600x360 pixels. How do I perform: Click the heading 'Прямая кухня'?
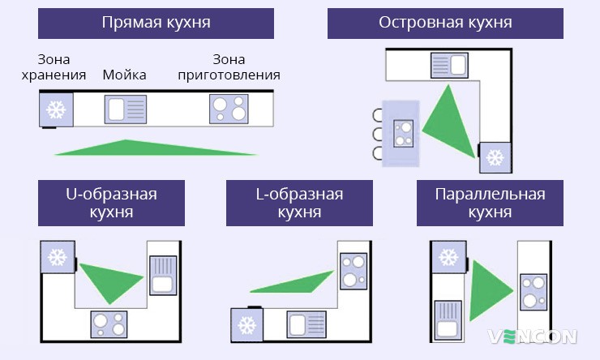(156, 22)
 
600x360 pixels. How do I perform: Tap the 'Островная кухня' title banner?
(445, 22)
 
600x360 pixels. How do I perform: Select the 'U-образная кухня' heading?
(110, 204)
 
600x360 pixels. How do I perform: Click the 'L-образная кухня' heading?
(300, 204)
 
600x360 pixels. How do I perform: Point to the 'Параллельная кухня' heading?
(489, 204)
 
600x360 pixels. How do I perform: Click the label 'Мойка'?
(124, 75)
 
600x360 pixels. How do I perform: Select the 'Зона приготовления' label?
(228, 67)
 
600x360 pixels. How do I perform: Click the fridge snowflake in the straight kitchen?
(56, 109)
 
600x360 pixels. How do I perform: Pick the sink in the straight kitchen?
(126, 109)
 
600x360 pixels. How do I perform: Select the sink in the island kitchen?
(450, 66)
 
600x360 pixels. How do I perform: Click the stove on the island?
(403, 132)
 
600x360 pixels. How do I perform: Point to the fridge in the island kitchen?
(494, 156)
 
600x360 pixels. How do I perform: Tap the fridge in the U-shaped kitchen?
(57, 257)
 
